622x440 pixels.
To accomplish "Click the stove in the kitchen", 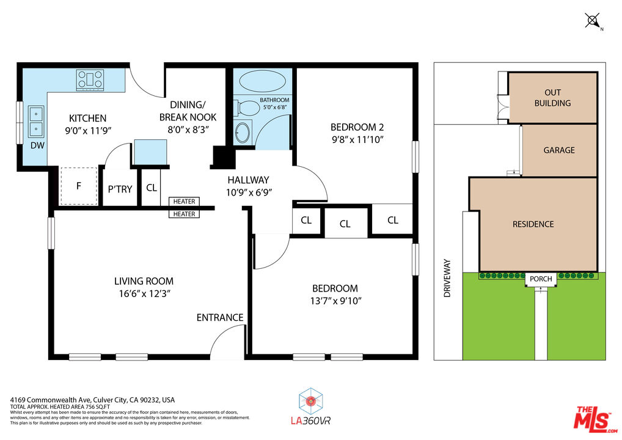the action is pos(90,79).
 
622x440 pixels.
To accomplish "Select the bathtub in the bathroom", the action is pos(262,81).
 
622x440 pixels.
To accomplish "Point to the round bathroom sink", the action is pos(243,133).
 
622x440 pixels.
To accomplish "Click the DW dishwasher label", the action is pos(38,145).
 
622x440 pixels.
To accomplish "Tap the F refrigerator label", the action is pos(79,186).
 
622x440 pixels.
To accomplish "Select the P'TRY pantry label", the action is pos(120,189).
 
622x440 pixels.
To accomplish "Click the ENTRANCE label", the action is pos(220,317).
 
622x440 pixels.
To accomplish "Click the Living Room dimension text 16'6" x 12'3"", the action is pos(144,293).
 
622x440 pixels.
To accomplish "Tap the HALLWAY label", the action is pos(248,180).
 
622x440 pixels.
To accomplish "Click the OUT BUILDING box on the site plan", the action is pos(552,98).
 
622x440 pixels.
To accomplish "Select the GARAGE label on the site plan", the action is pos(559,150).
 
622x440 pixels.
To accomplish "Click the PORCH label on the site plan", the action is pos(541,279).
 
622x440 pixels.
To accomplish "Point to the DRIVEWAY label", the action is pos(447,279).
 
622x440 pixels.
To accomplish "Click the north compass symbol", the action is pos(593,21).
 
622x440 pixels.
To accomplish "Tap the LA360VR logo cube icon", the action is pos(310,401).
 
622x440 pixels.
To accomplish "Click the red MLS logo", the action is pos(595,419).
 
